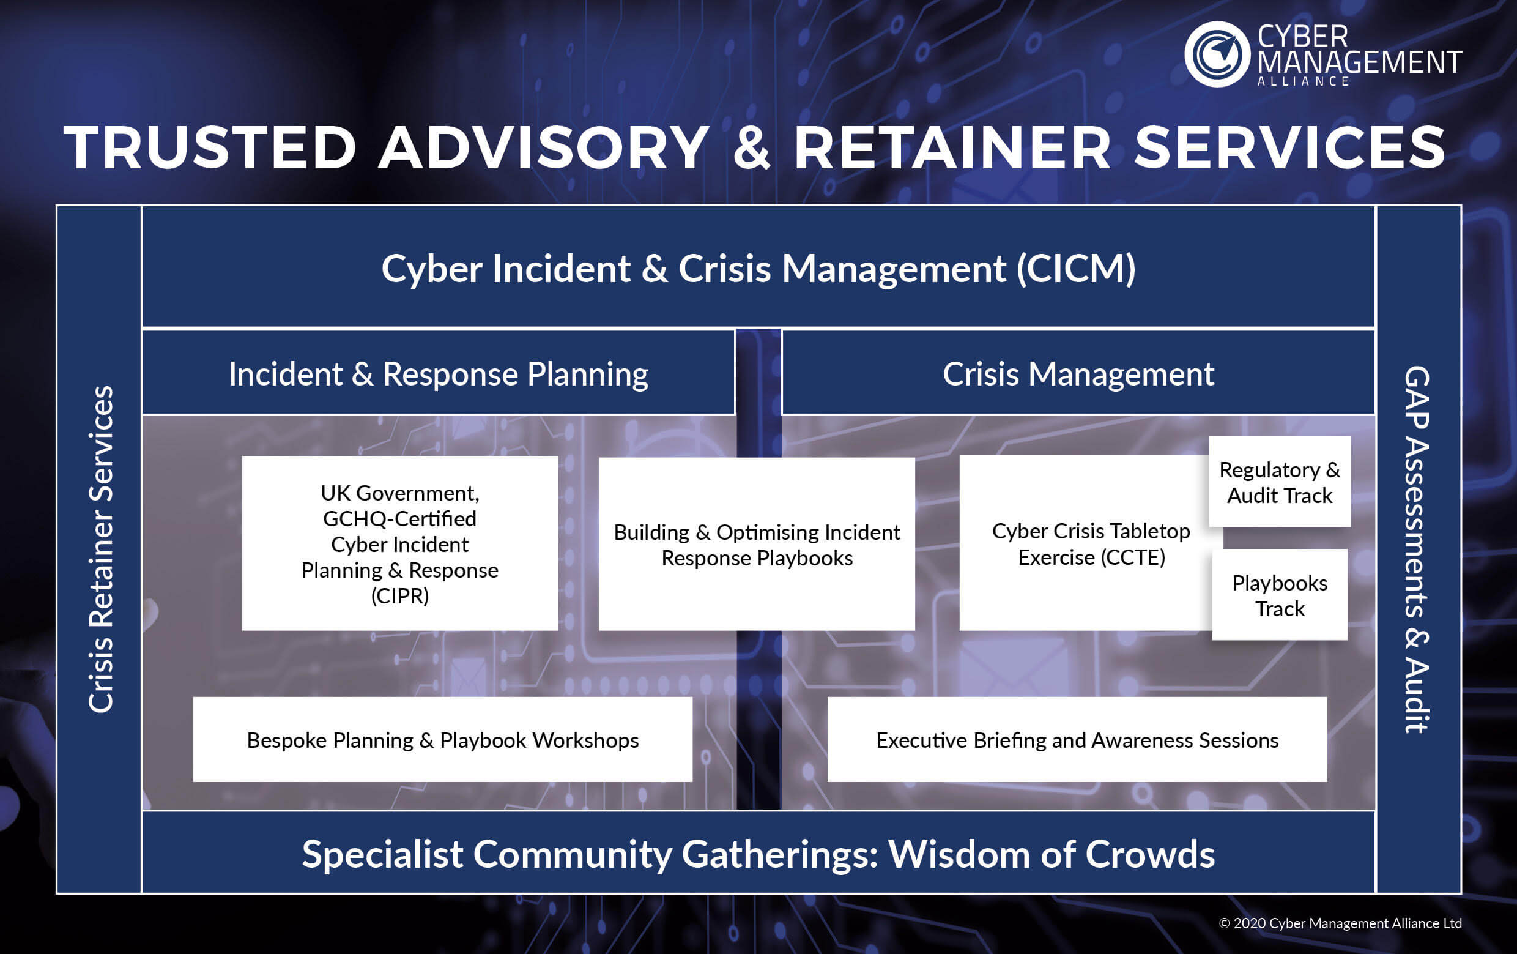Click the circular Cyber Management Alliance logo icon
[1217, 54]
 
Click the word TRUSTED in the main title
[210, 148]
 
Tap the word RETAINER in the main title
[951, 148]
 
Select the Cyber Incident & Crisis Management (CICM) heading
[758, 269]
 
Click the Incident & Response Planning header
[439, 374]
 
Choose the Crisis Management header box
[1078, 374]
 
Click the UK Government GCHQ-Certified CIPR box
[399, 543]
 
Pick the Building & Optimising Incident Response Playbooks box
[757, 545]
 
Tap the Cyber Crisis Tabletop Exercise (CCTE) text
[1091, 544]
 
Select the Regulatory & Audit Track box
[1280, 482]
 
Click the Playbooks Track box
[1280, 595]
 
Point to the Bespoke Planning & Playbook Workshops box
[442, 740]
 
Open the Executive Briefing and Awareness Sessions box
[1077, 740]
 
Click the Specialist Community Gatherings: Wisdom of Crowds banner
[758, 854]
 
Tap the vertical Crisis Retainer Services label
[100, 549]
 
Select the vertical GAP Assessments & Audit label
[1417, 549]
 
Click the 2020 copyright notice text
[1340, 923]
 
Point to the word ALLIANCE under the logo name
[1303, 81]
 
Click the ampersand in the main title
[752, 148]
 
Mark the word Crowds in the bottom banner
[1150, 854]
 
